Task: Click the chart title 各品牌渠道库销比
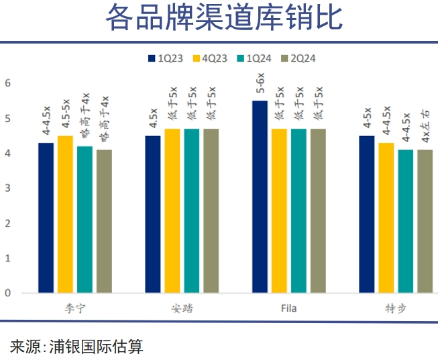(x=223, y=19)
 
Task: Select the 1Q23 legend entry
(x=164, y=58)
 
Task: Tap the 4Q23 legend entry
(x=209, y=58)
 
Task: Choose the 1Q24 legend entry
(x=254, y=58)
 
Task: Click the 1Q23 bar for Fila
(x=260, y=196)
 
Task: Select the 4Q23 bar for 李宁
(x=65, y=214)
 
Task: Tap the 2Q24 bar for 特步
(x=425, y=221)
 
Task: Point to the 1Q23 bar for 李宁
(x=46, y=218)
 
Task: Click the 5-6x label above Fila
(x=260, y=84)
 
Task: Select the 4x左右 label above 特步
(x=425, y=127)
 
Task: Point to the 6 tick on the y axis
(x=7, y=83)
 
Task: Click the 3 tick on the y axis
(x=7, y=188)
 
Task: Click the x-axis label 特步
(x=396, y=309)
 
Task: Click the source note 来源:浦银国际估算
(x=76, y=346)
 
